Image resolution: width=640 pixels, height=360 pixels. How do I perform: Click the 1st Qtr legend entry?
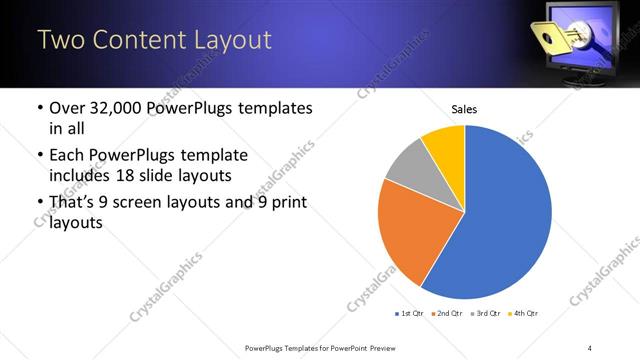pos(411,313)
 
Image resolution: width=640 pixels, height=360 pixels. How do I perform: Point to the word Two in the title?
pos(61,40)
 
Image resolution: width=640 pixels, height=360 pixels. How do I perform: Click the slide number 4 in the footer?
pos(590,347)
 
